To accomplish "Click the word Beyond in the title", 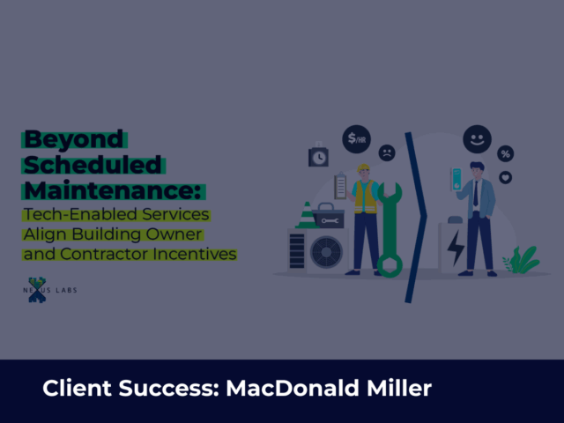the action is pos(74,139).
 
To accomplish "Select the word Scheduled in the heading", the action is pos(93,165).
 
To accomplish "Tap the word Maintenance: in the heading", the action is pos(113,190).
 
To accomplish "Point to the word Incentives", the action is pos(195,254).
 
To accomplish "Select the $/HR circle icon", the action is pos(356,139).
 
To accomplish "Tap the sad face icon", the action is pos(387,152).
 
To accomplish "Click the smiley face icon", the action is pos(478,139).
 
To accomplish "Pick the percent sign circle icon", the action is pos(505,154).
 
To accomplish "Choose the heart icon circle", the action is pos(505,177).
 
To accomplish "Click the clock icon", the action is pos(318,155).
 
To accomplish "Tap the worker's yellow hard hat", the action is pos(364,167).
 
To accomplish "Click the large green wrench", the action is pos(390,229).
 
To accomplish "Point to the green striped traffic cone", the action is pos(307,215).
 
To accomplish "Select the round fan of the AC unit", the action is pos(326,252).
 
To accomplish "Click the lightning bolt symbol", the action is pos(456,249).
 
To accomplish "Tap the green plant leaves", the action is pos(522,260).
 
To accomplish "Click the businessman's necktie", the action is pos(476,193).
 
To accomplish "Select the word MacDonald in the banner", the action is pos(292,388).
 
